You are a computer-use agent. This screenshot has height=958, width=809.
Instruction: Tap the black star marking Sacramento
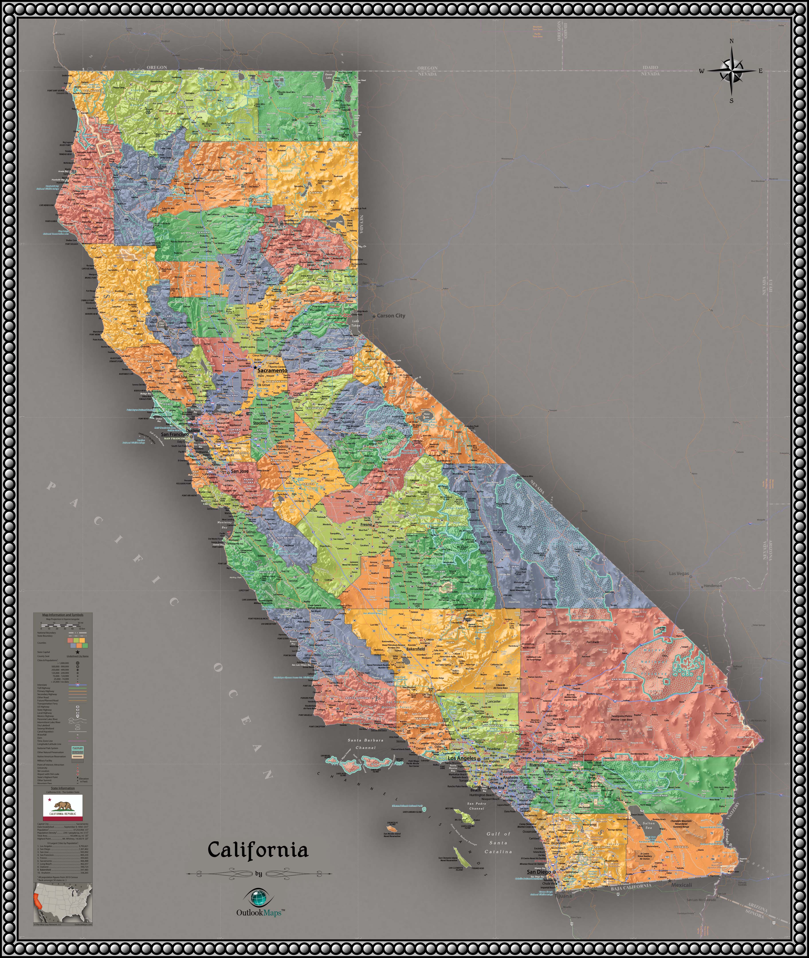click(x=255, y=367)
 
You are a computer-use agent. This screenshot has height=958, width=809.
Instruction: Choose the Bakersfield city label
click(x=416, y=649)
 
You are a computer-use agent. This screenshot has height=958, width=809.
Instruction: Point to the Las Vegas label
click(x=679, y=573)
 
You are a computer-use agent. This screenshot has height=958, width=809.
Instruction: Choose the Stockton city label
click(x=261, y=423)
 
